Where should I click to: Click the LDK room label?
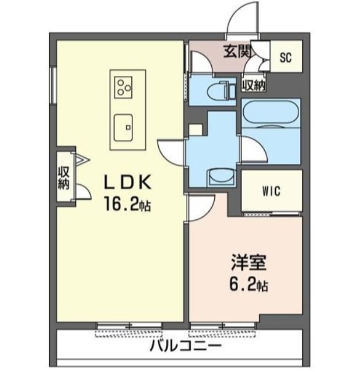coord(128,183)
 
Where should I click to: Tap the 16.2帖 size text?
coord(127,204)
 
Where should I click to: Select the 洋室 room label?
coord(249,262)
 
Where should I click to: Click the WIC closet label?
coord(271,191)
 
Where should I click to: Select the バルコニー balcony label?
coord(186,346)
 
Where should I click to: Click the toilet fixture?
coord(221,90)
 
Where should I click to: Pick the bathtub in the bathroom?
coord(271,112)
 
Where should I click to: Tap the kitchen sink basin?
coord(123,128)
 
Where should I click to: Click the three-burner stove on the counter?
coord(124,87)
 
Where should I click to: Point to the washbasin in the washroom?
coord(221,178)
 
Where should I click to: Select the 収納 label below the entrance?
coord(253,85)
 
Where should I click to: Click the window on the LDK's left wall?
coord(53,85)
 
